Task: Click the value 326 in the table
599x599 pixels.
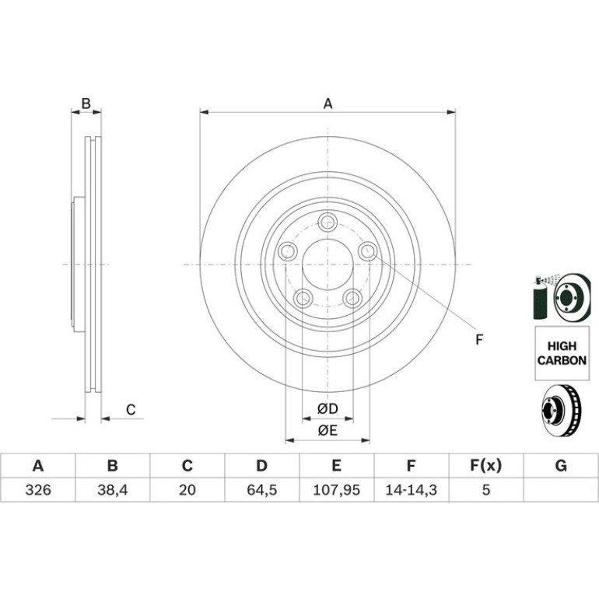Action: coord(38,490)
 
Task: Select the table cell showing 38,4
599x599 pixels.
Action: coord(112,490)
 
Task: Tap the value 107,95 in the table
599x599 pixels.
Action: coord(336,490)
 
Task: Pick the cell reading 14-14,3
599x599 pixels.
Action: coord(411,490)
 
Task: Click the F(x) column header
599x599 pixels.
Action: coord(485,466)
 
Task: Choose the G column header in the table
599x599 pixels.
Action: coord(561,466)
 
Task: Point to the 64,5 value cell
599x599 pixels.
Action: coord(261,490)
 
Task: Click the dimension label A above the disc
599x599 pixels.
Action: coord(328,103)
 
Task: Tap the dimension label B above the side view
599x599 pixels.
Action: coord(86,103)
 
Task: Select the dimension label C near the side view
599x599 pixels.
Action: coord(131,410)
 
